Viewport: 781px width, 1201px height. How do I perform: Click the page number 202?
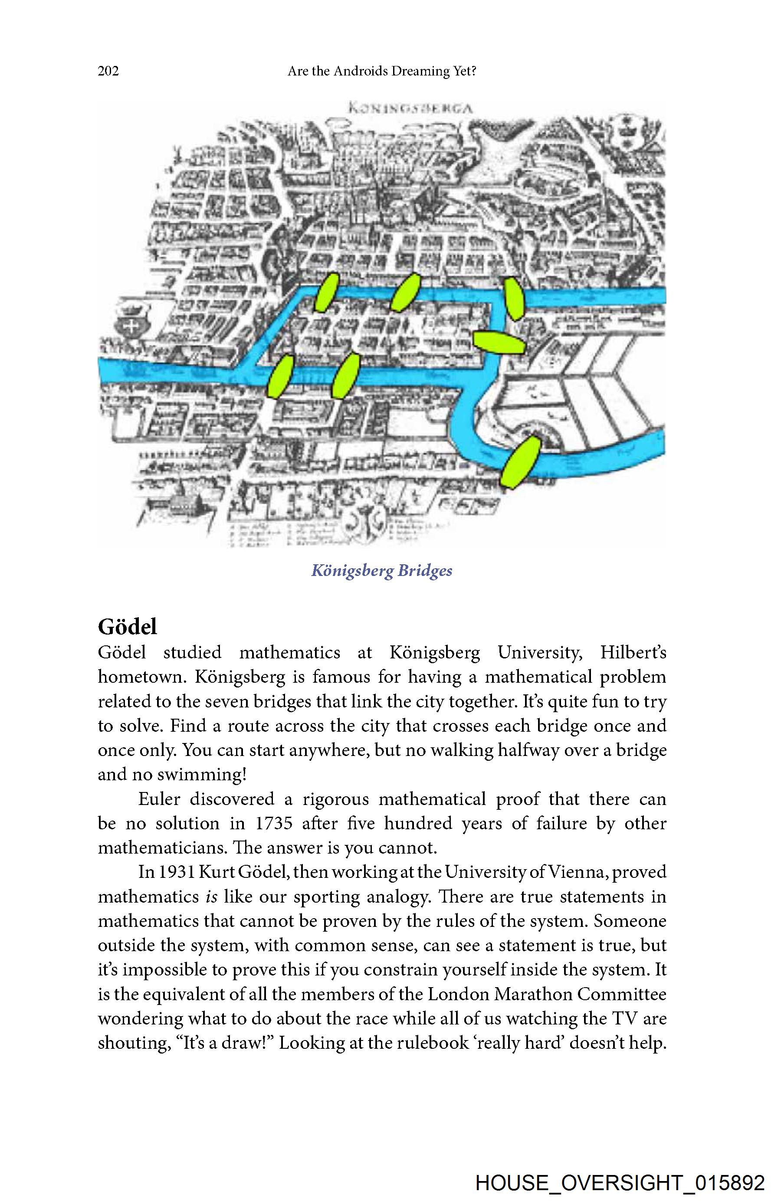pyautogui.click(x=108, y=71)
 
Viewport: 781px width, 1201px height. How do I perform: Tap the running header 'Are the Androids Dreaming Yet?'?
pyautogui.click(x=382, y=71)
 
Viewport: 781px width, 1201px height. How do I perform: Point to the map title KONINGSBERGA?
pyautogui.click(x=410, y=108)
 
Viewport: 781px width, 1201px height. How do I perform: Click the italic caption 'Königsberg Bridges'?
pyautogui.click(x=382, y=571)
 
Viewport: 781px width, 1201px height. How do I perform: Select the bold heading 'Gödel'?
pyautogui.click(x=127, y=627)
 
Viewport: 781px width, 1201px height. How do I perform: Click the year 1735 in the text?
pyautogui.click(x=274, y=824)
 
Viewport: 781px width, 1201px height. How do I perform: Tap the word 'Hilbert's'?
pyautogui.click(x=633, y=652)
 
